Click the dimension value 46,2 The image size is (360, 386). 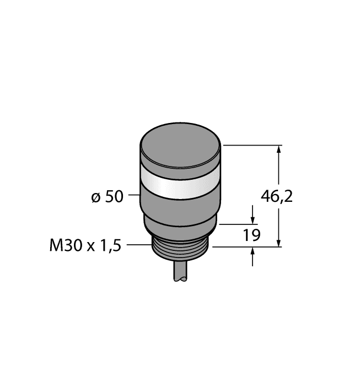pyautogui.click(x=276, y=196)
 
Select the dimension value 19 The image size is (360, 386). pyautogui.click(x=251, y=236)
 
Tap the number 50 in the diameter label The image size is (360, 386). pyautogui.click(x=114, y=197)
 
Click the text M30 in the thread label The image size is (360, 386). pyautogui.click(x=64, y=245)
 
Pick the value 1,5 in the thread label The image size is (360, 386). pyautogui.click(x=110, y=245)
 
